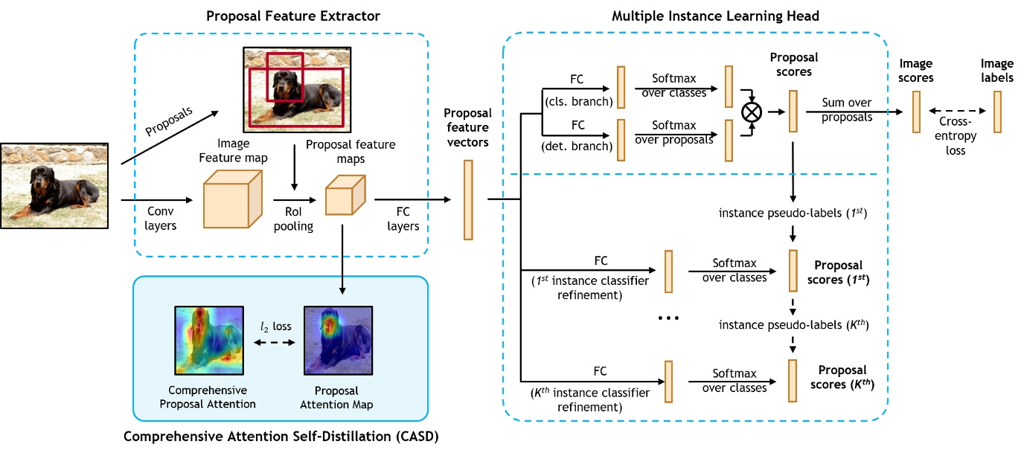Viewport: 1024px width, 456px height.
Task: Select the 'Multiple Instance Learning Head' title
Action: click(696, 16)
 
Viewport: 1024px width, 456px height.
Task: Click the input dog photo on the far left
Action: click(54, 185)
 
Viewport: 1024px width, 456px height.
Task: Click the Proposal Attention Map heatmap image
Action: click(337, 339)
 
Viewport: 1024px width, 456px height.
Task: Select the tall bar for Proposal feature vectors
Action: click(468, 199)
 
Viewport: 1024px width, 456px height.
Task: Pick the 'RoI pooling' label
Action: click(293, 219)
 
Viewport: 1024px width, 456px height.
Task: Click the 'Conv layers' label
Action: click(160, 219)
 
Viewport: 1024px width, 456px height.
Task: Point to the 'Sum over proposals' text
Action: click(847, 109)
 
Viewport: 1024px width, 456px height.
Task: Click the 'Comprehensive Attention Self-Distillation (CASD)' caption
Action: click(281, 437)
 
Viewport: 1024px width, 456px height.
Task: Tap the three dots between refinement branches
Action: click(668, 318)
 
